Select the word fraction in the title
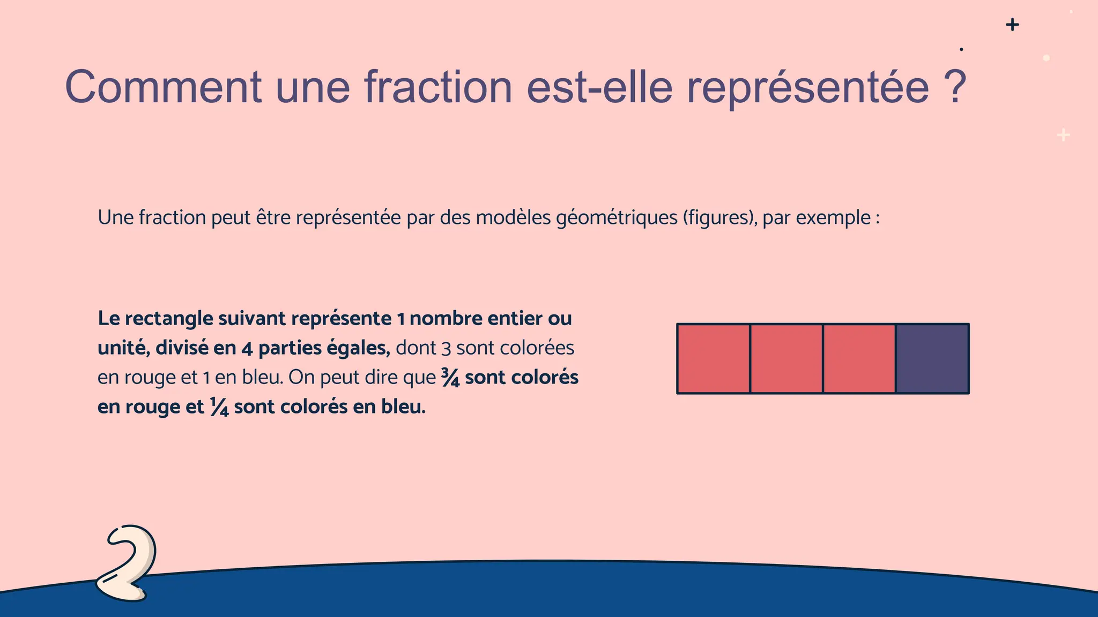pyautogui.click(x=439, y=87)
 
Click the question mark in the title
pyautogui.click(x=955, y=87)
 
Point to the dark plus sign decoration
pyautogui.click(x=1012, y=25)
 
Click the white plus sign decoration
pyautogui.click(x=1064, y=135)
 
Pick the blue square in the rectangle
pyautogui.click(x=932, y=359)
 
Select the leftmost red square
pyautogui.click(x=714, y=359)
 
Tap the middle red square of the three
pyautogui.click(x=787, y=359)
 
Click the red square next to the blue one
pyautogui.click(x=859, y=359)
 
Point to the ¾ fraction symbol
pyautogui.click(x=450, y=377)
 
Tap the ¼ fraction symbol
pyautogui.click(x=219, y=407)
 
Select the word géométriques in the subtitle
pyautogui.click(x=617, y=218)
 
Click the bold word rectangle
pyautogui.click(x=169, y=319)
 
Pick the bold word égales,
pyautogui.click(x=358, y=348)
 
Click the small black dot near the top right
pyautogui.click(x=961, y=49)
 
